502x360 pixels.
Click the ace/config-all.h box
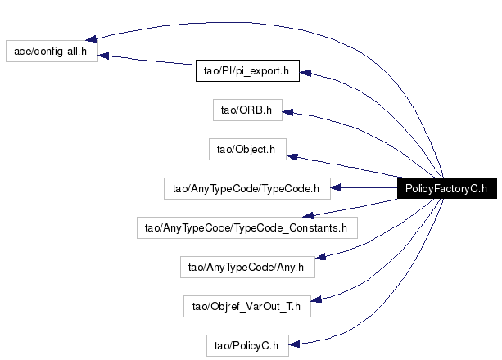click(52, 52)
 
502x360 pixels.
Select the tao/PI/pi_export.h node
click(247, 70)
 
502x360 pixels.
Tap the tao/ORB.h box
click(247, 110)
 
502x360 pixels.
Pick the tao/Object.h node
click(247, 150)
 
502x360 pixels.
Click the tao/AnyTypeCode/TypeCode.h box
click(247, 189)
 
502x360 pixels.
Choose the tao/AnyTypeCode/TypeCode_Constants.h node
click(247, 227)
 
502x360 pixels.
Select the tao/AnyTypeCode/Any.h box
click(247, 268)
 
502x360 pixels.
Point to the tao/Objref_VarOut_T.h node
click(247, 307)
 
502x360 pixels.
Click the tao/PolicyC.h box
click(247, 345)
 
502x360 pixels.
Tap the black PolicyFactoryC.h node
click(447, 188)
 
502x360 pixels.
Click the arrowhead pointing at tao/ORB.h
click(287, 112)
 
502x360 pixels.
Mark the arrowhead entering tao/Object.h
click(292, 157)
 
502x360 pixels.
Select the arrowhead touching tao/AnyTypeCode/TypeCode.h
click(336, 188)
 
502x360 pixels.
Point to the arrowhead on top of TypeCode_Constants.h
click(308, 216)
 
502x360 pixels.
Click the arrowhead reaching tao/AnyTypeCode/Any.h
click(320, 257)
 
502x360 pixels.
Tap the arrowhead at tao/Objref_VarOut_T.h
click(316, 299)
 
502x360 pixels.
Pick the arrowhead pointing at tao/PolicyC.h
click(294, 344)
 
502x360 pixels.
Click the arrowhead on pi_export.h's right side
click(305, 73)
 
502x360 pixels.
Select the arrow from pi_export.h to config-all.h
click(147, 61)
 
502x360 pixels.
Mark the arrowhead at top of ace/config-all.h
click(91, 38)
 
